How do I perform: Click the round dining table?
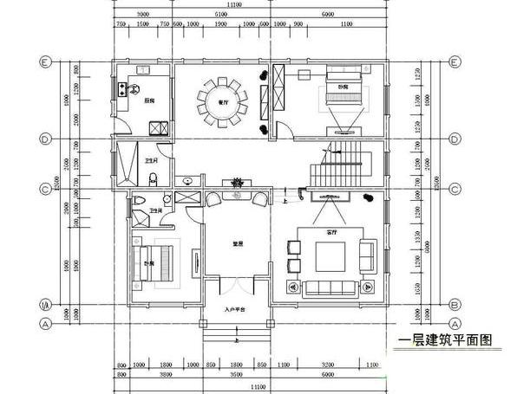coord(222,102)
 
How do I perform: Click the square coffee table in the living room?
coord(330,256)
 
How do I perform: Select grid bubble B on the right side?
coord(454,305)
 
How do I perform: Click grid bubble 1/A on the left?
coord(44,305)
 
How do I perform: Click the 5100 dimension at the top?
coord(221,16)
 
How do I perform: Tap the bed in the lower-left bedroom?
coord(153,263)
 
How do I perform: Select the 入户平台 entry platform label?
coord(235,309)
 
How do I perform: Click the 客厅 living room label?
coord(331,233)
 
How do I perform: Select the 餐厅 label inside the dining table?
coord(222,102)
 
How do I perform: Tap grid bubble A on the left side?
coord(44,324)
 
